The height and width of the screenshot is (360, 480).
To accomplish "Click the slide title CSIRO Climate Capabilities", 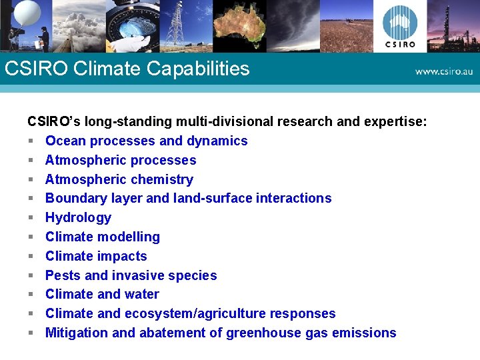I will pos(127,69).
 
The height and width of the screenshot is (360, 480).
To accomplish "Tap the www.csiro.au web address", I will pos(443,71).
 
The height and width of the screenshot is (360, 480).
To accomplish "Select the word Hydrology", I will pos(78,217).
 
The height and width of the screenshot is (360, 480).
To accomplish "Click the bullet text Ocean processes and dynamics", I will pos(146,141).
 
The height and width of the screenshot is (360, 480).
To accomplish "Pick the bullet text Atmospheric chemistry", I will pos(119,179).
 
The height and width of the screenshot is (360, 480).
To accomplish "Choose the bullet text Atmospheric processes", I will pos(121,160).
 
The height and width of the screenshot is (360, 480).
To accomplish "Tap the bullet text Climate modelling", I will pos(103,237).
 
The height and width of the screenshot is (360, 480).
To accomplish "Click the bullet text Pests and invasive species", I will pos(131,275).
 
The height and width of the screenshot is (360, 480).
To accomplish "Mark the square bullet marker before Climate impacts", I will pos(31,256).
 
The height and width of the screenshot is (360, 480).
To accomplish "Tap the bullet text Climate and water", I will pos(102,294).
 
